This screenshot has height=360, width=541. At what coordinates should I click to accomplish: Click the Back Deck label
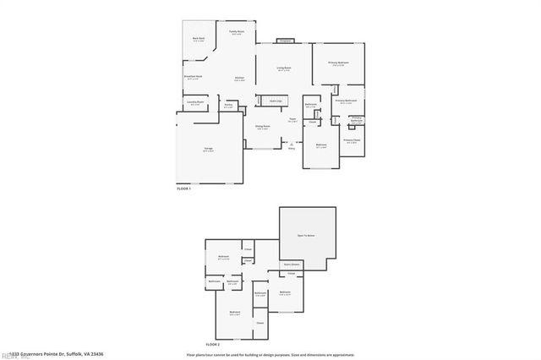click(198, 39)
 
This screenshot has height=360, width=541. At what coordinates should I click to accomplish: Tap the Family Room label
click(237, 32)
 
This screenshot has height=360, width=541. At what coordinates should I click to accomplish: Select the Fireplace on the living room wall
click(285, 41)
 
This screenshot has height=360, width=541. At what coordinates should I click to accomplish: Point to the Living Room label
click(284, 69)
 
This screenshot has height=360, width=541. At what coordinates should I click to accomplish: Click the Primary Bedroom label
click(338, 63)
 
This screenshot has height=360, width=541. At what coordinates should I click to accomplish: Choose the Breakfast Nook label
click(194, 78)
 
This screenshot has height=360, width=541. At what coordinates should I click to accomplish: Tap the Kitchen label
click(240, 79)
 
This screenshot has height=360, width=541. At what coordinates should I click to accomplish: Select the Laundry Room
click(195, 103)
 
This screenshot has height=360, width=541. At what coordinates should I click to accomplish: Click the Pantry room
click(228, 106)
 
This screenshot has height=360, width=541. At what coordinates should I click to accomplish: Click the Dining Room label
click(263, 128)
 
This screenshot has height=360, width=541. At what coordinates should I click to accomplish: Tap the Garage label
click(208, 150)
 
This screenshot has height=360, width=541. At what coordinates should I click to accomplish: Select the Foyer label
click(292, 120)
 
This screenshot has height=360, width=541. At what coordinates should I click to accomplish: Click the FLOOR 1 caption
click(184, 188)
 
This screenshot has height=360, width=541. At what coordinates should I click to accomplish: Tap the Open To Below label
click(306, 236)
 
